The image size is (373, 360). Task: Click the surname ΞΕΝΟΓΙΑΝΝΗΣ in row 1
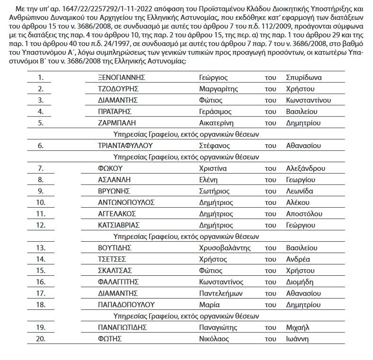point(121,77)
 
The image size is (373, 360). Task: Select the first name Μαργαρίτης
point(218,88)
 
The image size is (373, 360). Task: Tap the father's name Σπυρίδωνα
point(304,77)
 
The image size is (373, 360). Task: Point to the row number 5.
point(41,123)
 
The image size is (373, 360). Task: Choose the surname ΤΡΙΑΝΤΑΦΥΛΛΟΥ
point(125,146)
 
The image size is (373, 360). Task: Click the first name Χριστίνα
point(213,168)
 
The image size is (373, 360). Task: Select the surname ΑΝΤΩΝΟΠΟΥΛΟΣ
point(126,202)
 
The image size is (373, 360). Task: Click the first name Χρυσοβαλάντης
point(224,248)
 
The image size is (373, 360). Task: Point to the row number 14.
point(41,259)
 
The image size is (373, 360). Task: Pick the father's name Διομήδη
point(300,282)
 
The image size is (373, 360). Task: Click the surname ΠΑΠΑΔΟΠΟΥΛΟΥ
point(126,305)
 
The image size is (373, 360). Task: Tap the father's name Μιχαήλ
point(298,327)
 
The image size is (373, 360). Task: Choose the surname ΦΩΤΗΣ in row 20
point(110,339)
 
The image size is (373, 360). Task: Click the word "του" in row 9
point(270,191)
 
